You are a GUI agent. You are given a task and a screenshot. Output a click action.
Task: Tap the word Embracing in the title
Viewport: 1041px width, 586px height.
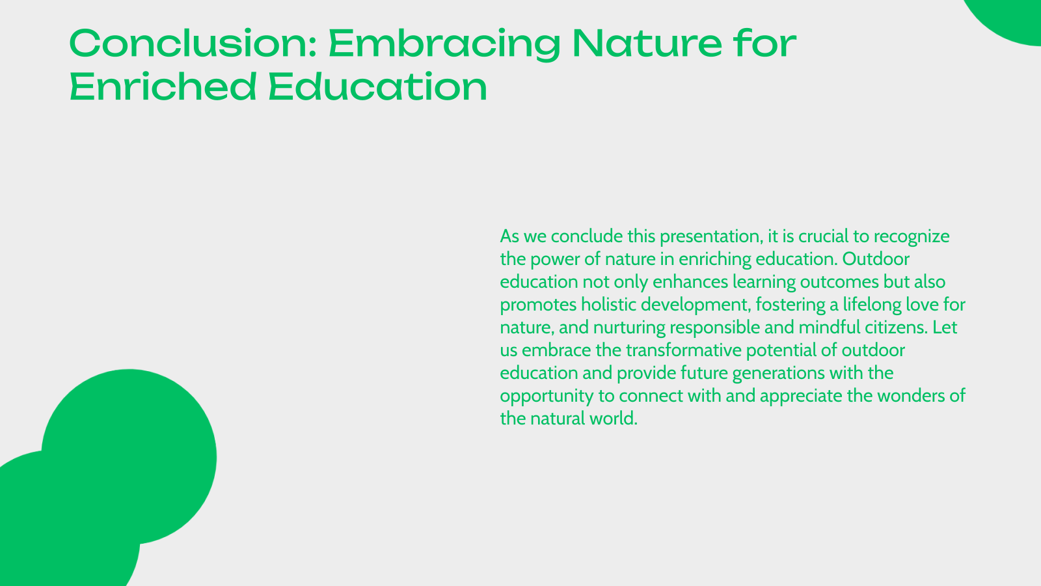[x=444, y=44]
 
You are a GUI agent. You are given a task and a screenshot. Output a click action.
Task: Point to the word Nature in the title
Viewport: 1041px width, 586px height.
[x=647, y=44]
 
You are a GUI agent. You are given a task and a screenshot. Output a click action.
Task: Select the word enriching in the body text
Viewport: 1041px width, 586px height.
[x=715, y=259]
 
